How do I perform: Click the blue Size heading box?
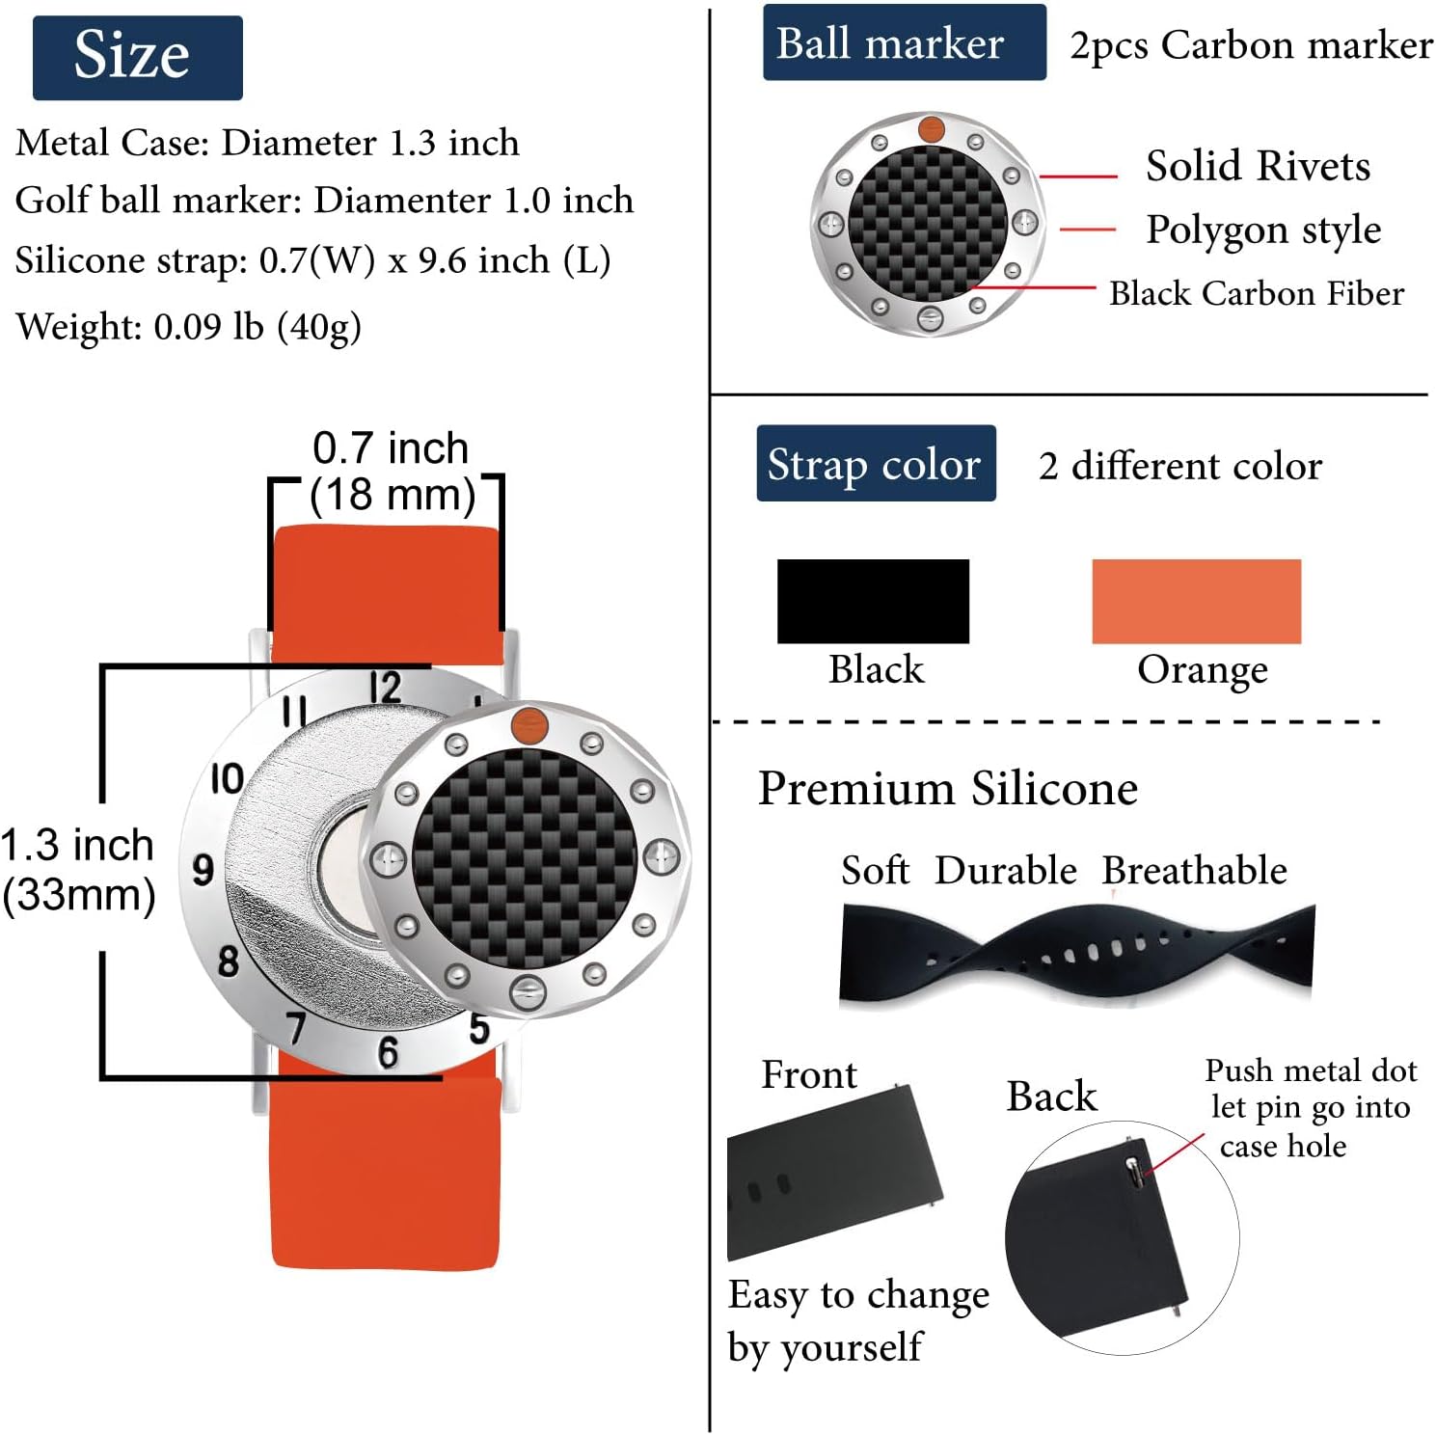point(137,57)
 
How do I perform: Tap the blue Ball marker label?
point(904,43)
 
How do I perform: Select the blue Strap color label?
point(876,464)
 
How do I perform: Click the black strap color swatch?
point(873,601)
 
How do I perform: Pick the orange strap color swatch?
point(1196,601)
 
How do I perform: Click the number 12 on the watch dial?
point(386,689)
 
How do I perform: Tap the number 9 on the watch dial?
point(203,870)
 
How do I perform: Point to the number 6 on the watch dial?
point(388,1052)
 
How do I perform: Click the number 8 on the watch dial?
point(228,961)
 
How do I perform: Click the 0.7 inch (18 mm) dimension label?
point(392,472)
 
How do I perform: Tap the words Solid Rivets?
point(1258,166)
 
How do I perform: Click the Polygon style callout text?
point(1263,230)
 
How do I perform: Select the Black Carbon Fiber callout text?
point(1256,293)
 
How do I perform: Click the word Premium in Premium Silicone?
point(855,788)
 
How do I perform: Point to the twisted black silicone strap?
point(1076,953)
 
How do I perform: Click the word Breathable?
point(1194,870)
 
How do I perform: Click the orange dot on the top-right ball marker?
point(931,128)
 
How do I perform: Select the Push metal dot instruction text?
point(1310,1107)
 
